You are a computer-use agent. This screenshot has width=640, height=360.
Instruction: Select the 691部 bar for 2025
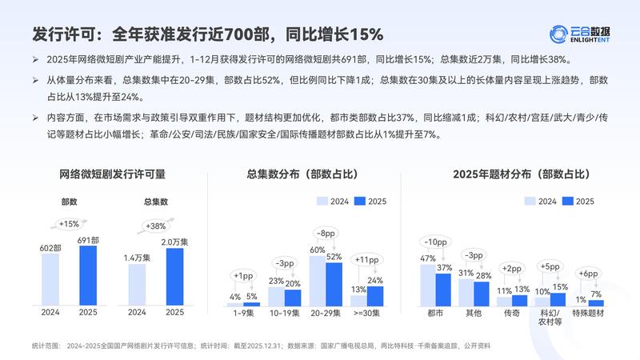click(x=87, y=276)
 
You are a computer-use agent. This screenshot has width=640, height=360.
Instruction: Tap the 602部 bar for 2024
click(x=50, y=281)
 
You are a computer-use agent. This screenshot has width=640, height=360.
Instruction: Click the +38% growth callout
click(x=156, y=226)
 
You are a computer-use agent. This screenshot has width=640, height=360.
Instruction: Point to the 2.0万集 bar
click(x=174, y=277)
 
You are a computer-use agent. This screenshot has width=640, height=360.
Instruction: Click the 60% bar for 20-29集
click(x=318, y=281)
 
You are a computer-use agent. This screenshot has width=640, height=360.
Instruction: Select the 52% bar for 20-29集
click(x=334, y=285)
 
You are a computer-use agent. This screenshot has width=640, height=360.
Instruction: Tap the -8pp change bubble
click(x=326, y=234)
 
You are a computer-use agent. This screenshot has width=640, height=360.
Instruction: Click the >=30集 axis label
click(x=367, y=313)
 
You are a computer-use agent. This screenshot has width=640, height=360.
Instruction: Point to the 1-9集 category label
click(x=243, y=313)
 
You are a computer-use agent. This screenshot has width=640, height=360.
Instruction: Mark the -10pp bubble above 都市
click(x=436, y=242)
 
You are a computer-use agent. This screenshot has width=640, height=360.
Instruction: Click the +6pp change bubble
click(x=588, y=274)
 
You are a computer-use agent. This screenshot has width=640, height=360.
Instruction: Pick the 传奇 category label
click(x=512, y=313)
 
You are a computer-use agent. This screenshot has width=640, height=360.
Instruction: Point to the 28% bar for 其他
click(x=482, y=294)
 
